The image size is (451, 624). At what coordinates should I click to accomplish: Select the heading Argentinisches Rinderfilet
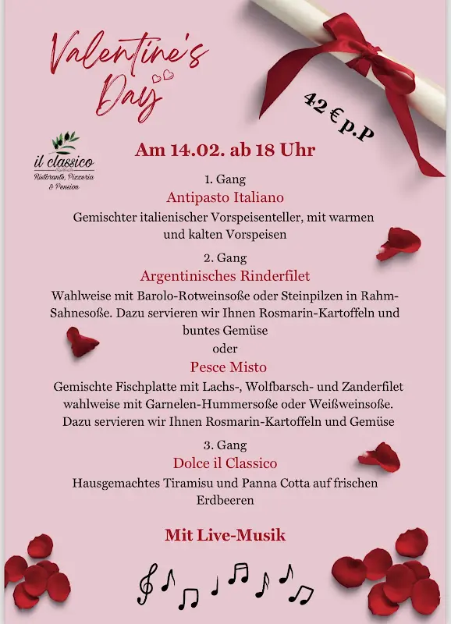[225, 276]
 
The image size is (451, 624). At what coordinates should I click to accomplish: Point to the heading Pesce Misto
[228, 367]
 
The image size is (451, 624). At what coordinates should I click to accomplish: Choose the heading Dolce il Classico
[225, 463]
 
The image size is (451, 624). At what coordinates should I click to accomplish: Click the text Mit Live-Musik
[225, 535]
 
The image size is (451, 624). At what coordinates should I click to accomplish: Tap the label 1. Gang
[225, 178]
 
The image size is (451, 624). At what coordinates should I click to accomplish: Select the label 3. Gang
[225, 445]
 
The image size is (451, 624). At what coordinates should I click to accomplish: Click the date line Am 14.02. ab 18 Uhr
[225, 151]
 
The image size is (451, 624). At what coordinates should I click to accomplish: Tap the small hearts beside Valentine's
[162, 76]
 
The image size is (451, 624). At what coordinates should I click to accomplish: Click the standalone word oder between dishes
[225, 348]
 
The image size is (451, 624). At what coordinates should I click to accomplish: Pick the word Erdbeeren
[225, 500]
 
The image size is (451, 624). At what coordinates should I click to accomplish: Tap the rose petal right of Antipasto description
[398, 244]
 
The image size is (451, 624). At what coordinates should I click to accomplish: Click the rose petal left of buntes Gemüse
[81, 341]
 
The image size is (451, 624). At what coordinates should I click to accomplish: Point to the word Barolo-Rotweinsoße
[167, 296]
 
